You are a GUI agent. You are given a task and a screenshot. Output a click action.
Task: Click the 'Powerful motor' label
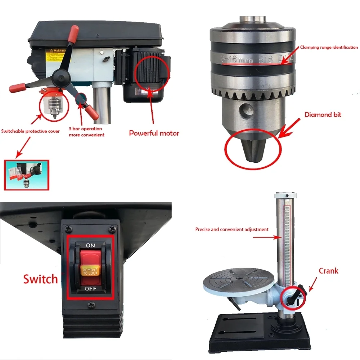pos(154,133)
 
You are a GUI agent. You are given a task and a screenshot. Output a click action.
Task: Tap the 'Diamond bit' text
pos(323,115)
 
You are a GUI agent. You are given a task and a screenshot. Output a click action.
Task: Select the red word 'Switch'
pos(41,279)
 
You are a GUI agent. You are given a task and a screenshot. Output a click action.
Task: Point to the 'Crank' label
pos(328,271)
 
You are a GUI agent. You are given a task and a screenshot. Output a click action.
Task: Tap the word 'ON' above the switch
pos(91,246)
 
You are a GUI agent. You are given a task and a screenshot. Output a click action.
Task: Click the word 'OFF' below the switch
pos(91,289)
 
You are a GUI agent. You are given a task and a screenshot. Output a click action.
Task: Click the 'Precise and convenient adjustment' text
pos(232,229)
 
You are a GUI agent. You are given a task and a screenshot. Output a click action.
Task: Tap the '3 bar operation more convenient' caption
pos(86,131)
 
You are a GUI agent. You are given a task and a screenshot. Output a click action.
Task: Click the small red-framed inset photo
pos(26,175)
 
